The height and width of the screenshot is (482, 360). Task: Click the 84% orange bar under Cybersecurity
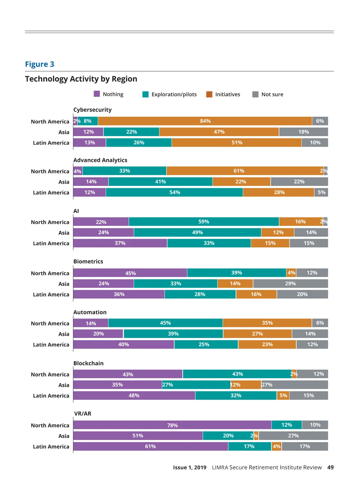pyautogui.click(x=205, y=121)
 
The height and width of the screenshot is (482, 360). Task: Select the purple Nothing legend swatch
pyautogui.click(x=97, y=94)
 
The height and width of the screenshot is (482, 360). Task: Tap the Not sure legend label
pyautogui.click(x=272, y=94)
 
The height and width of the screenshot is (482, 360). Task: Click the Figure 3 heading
pyautogui.click(x=40, y=64)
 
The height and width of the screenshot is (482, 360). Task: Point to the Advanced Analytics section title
pyautogui.click(x=100, y=160)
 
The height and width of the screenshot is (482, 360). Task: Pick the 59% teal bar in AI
pyautogui.click(x=204, y=222)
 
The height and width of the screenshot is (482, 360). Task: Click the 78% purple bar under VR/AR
pyautogui.click(x=172, y=425)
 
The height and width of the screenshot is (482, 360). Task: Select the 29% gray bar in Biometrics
pyautogui.click(x=290, y=283)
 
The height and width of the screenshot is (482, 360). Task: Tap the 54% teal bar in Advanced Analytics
pyautogui.click(x=174, y=192)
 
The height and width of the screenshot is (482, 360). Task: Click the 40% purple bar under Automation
pyautogui.click(x=123, y=344)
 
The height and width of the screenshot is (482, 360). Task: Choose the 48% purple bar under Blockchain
pyautogui.click(x=134, y=395)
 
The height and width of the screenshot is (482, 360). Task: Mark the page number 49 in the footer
pyautogui.click(x=330, y=467)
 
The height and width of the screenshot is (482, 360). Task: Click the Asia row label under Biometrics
pyautogui.click(x=64, y=284)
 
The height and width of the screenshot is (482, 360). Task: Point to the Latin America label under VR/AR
pyautogui.click(x=51, y=447)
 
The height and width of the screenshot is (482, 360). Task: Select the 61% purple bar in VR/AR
pyautogui.click(x=150, y=446)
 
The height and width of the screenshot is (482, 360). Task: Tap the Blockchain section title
pyautogui.click(x=88, y=363)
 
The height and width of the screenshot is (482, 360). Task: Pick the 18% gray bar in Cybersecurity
pyautogui.click(x=303, y=132)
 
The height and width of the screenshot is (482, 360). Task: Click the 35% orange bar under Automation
pyautogui.click(x=267, y=323)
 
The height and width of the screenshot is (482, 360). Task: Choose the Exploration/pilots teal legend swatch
pyautogui.click(x=145, y=94)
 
